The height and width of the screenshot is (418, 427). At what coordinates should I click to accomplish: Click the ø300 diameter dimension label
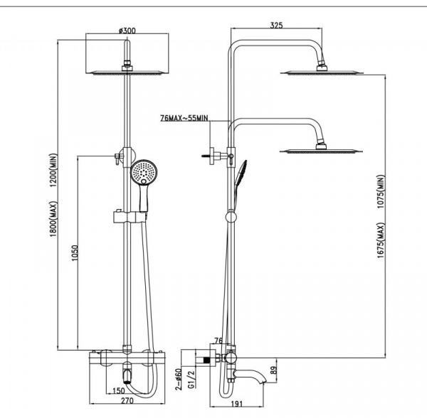coord(127,30)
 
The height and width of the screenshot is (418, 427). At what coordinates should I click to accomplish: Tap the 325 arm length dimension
coord(276,25)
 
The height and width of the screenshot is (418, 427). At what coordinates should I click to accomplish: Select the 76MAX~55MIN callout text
coord(184,118)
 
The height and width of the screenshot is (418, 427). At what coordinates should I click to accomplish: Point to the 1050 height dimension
coord(74,253)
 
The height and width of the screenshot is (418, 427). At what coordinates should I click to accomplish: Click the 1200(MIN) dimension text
coord(53,170)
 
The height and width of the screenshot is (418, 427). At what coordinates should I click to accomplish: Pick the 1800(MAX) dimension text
coord(53,219)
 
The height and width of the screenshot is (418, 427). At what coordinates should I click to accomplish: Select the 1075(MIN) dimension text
coord(381,191)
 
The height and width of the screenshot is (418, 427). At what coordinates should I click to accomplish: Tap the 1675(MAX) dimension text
coord(381,240)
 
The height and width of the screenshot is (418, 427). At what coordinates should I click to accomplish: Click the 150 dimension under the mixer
coord(118,390)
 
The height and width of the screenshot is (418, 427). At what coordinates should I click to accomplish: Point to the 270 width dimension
coord(127,401)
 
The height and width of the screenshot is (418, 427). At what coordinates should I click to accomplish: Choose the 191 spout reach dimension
coord(237,404)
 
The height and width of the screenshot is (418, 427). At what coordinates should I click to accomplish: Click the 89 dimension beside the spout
coord(273,370)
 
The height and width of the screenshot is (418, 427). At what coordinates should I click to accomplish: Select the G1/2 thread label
coord(191,379)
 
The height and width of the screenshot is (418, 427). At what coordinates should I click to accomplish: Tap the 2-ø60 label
coord(179,379)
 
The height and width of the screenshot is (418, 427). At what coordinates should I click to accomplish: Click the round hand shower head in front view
coord(144,172)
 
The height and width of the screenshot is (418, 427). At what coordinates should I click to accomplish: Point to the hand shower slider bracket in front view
coord(128,217)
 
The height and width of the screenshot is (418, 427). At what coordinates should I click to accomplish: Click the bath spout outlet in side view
coord(263,382)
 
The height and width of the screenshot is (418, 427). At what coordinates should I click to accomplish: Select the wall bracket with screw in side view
coord(215,156)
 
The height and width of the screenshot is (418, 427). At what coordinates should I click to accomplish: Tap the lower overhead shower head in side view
coord(321,151)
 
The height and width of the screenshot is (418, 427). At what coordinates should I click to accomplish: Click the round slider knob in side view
coord(231,217)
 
